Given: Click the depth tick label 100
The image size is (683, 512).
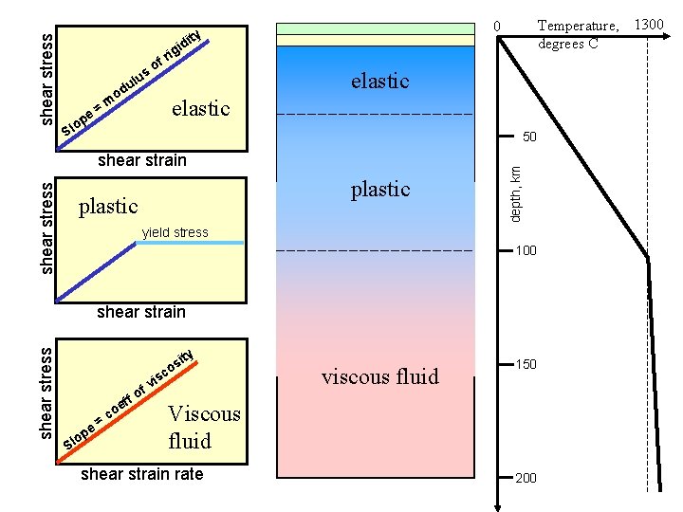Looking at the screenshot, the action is pyautogui.click(x=526, y=250).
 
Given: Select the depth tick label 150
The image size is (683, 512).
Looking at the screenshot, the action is pyautogui.click(x=526, y=364).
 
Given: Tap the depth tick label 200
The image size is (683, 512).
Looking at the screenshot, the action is pyautogui.click(x=526, y=478).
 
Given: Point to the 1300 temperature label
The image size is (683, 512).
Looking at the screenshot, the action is pyautogui.click(x=649, y=24).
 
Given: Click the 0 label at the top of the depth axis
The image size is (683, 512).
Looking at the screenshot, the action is pyautogui.click(x=495, y=26).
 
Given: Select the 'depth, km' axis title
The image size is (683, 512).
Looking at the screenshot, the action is pyautogui.click(x=514, y=194).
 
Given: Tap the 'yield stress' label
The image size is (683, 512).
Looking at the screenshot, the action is pyautogui.click(x=175, y=232).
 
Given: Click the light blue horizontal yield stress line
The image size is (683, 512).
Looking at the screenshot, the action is pyautogui.click(x=190, y=244).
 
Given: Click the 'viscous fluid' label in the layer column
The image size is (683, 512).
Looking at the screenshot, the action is pyautogui.click(x=380, y=376).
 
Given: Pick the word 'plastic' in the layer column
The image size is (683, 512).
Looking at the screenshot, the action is pyautogui.click(x=379, y=189).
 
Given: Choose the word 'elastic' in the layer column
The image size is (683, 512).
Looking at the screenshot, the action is pyautogui.click(x=379, y=81).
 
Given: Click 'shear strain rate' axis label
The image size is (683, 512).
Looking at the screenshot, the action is pyautogui.click(x=142, y=474).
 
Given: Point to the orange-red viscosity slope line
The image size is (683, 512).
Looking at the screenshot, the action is pyautogui.click(x=123, y=408).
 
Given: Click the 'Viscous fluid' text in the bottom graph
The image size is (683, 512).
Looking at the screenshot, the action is pyautogui.click(x=203, y=427).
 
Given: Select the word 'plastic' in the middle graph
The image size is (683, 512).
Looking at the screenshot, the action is pyautogui.click(x=108, y=206).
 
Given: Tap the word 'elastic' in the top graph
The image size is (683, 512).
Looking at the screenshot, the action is pyautogui.click(x=201, y=107).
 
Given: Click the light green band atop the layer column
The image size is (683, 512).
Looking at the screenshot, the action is pyautogui.click(x=375, y=28).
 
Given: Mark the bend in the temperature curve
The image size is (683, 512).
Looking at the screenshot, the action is pyautogui.click(x=648, y=258).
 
